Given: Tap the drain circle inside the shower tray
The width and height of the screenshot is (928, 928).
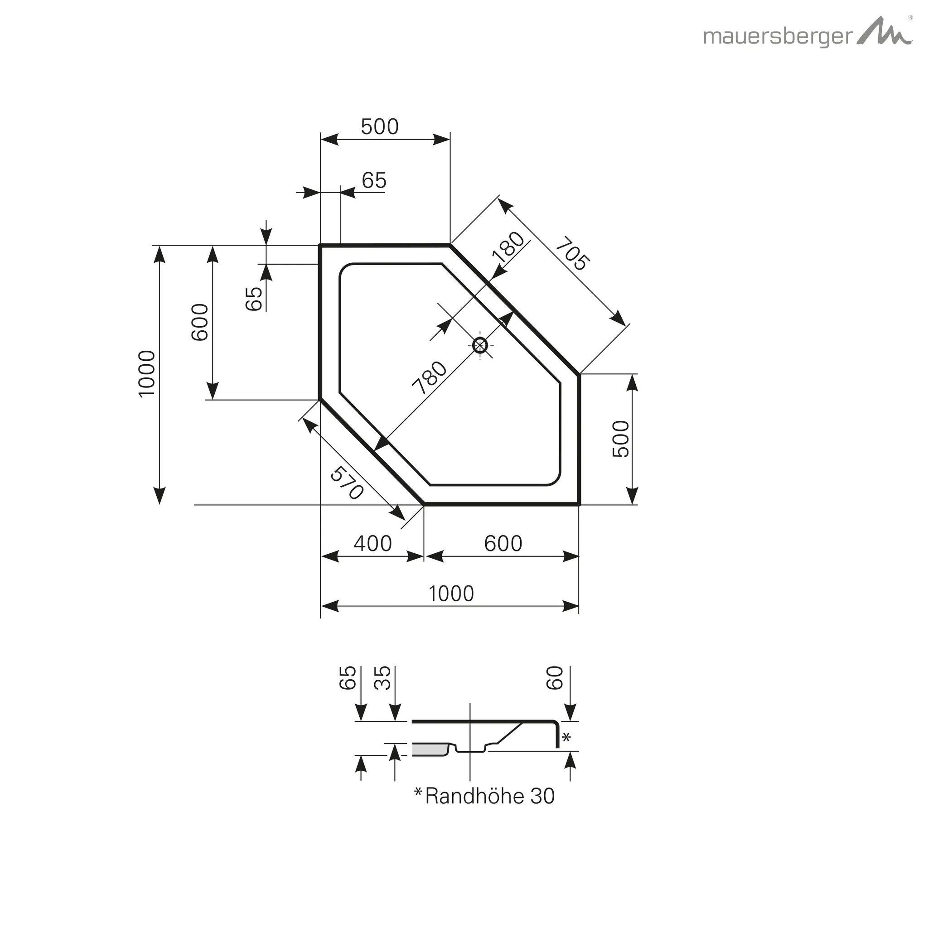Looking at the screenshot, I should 480,345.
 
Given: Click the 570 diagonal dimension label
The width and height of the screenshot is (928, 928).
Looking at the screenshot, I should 346,482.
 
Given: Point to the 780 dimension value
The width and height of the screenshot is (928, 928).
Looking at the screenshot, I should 430,377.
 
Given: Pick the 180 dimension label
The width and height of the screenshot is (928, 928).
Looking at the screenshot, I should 509,247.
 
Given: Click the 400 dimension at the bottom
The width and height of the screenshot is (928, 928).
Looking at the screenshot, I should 373,544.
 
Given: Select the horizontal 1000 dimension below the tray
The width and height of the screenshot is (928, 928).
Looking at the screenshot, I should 451,594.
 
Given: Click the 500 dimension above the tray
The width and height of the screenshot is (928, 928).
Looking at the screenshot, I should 379,127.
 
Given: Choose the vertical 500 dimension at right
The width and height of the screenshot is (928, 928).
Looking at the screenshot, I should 621,439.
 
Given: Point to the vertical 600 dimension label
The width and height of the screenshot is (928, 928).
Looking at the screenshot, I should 200,322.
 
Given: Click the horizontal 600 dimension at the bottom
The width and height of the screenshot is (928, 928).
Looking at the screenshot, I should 503,544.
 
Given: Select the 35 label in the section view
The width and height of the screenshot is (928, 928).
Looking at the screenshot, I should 383,678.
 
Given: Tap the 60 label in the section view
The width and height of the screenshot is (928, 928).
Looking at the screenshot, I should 555,677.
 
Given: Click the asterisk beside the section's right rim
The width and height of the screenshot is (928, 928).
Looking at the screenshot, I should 566,737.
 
